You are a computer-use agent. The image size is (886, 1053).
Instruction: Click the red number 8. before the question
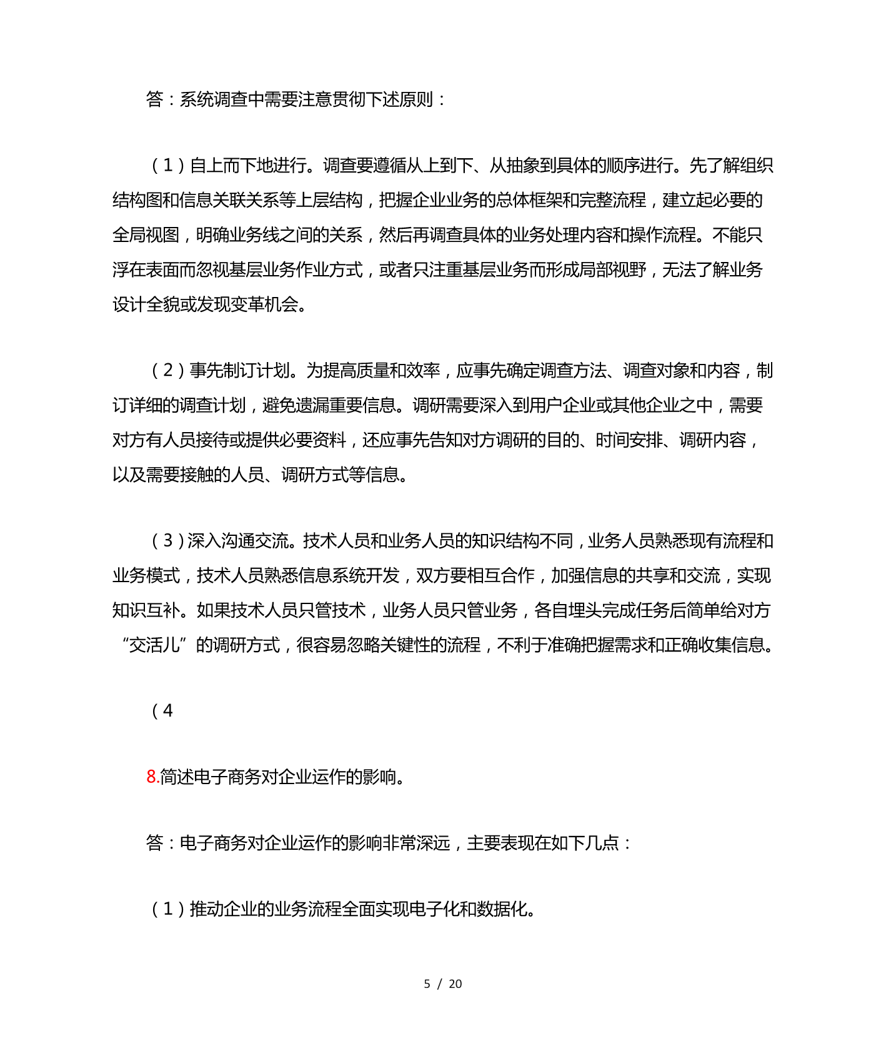pyautogui.click(x=152, y=777)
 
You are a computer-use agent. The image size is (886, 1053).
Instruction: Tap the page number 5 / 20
pyautogui.click(x=442, y=984)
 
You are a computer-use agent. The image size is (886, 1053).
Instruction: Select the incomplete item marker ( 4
pyautogui.click(x=162, y=711)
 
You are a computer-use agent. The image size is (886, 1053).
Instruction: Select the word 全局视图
pyautogui.click(x=146, y=235)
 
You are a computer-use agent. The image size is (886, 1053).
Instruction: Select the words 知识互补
pyautogui.click(x=146, y=610)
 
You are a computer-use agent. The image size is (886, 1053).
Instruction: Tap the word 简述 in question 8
pyautogui.click(x=177, y=777)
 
